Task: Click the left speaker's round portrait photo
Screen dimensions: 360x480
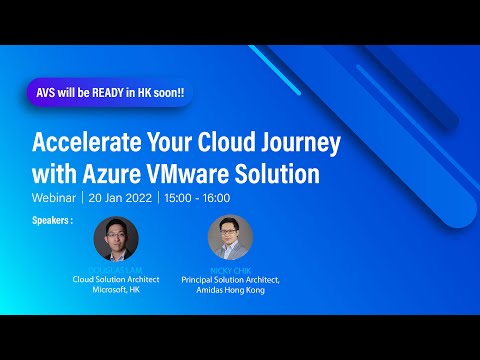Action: point(116,238)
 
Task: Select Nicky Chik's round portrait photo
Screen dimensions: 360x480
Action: point(230,238)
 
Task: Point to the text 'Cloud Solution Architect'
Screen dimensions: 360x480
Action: point(116,279)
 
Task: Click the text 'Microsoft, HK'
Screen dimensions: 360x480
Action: point(116,290)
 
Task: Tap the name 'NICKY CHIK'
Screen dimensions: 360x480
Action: point(230,269)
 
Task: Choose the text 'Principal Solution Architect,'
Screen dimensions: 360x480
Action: point(230,279)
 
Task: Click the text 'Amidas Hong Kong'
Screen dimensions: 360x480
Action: point(230,290)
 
